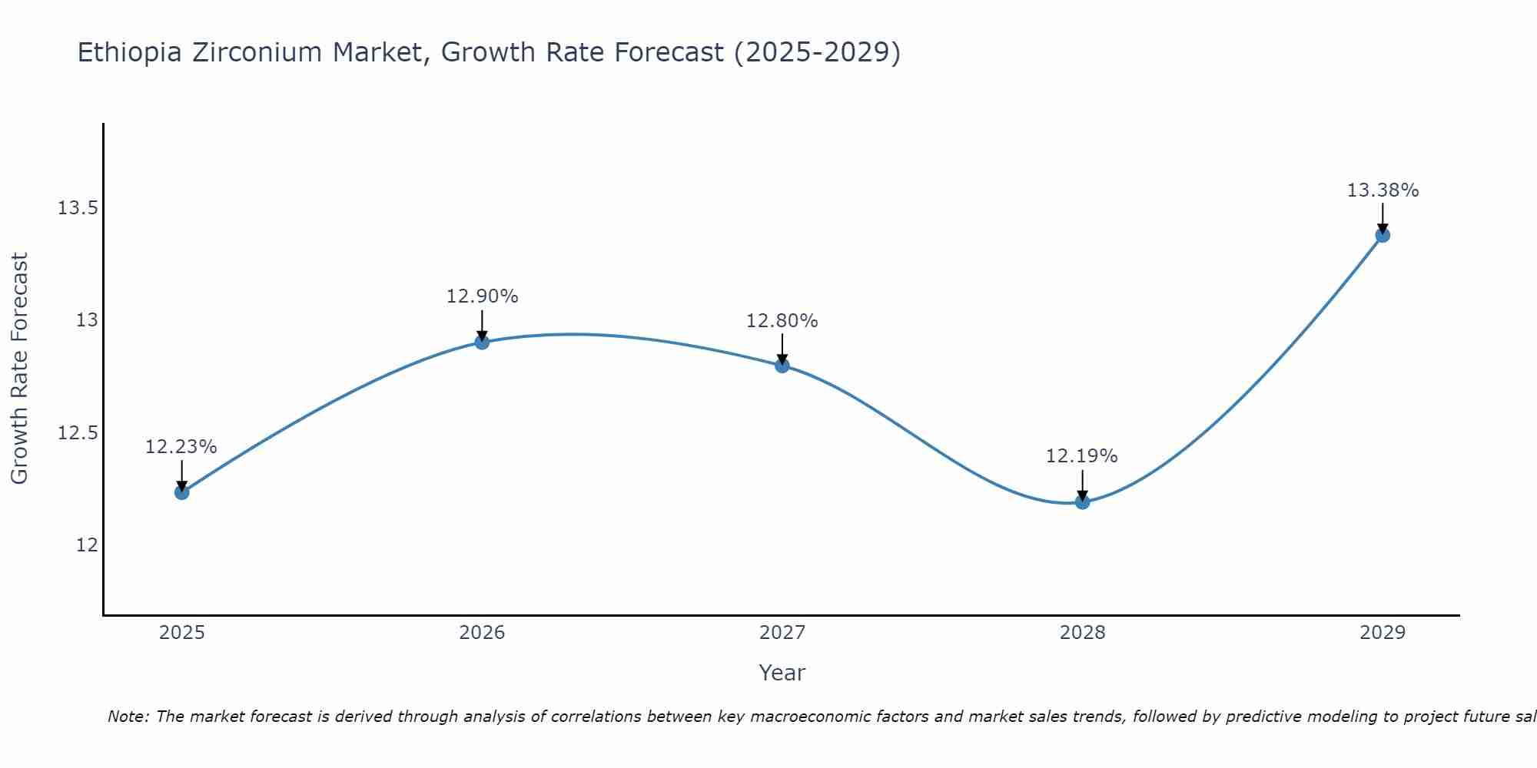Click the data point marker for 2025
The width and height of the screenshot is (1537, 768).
click(x=182, y=492)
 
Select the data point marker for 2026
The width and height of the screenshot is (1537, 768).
click(x=482, y=342)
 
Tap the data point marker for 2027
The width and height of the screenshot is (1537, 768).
click(x=782, y=366)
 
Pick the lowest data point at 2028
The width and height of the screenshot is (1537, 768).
click(x=1082, y=502)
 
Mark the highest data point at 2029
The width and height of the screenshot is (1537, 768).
click(x=1383, y=235)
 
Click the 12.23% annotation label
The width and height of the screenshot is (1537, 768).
click(x=181, y=447)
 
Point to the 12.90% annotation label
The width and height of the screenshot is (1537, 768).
click(x=482, y=296)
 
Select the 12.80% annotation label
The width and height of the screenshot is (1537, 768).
click(x=782, y=321)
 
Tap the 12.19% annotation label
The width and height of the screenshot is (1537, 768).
click(x=1081, y=456)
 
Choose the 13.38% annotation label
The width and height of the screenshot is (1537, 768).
click(x=1383, y=190)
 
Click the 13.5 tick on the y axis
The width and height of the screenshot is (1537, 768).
click(x=78, y=208)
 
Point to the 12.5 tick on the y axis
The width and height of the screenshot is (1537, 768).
click(x=78, y=433)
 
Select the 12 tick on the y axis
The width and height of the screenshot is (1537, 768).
click(x=87, y=545)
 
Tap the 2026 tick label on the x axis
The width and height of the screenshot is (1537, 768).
click(x=482, y=633)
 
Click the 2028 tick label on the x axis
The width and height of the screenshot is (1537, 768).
click(x=1082, y=633)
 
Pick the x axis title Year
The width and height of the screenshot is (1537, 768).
click(x=782, y=673)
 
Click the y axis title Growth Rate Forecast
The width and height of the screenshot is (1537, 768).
click(x=19, y=369)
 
